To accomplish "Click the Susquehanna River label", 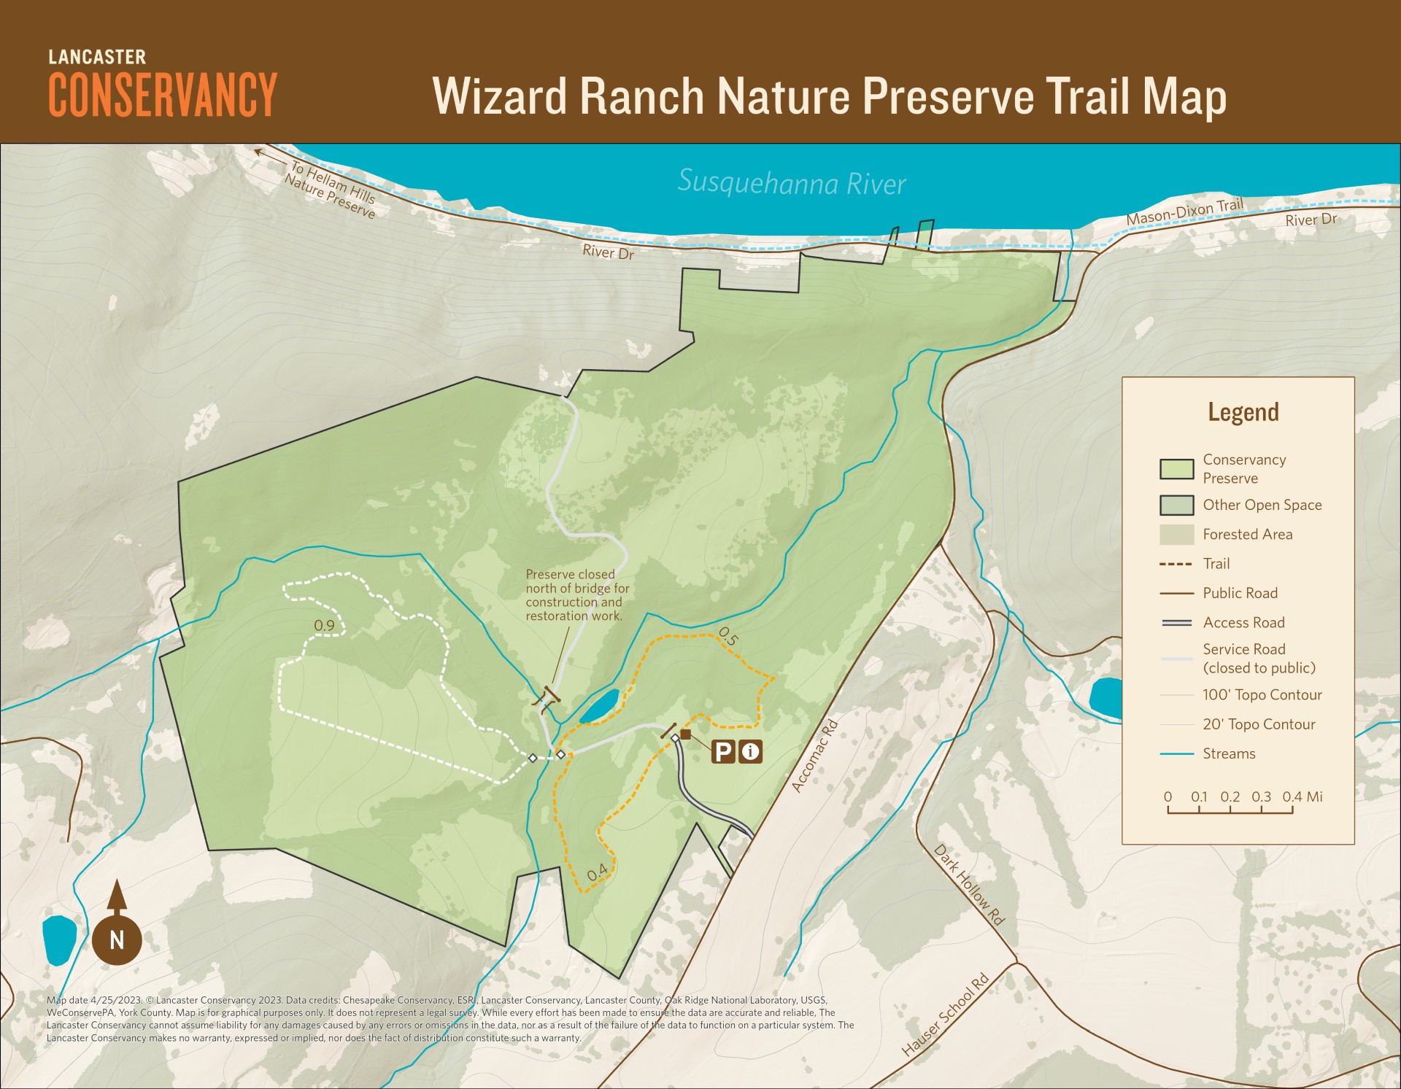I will pos(792,182).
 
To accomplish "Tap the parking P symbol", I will pos(723,751).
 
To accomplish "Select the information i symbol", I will pos(750,751).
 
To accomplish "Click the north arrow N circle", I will pos(117,939).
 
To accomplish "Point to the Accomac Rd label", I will pos(815,756).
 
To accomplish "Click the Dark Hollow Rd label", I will pos(969,885).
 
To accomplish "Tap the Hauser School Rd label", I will pos(945,1015).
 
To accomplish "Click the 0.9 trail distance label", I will pos(324,626).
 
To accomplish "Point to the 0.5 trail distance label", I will pos(728,637).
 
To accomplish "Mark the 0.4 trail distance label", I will pos(598,872).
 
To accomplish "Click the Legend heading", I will pos(1243,412).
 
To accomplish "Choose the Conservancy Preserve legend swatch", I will pos(1176,469).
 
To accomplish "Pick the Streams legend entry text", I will pos(1229,753).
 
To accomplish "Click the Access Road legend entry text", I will pos(1243,622).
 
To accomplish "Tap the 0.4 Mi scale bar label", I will pos(1302,797).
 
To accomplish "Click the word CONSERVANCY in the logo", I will pos(163,95).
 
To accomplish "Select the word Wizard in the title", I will pos(500,96).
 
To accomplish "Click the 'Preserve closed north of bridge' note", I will pos(577,595).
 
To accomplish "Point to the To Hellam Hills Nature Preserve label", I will pos(332,190).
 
